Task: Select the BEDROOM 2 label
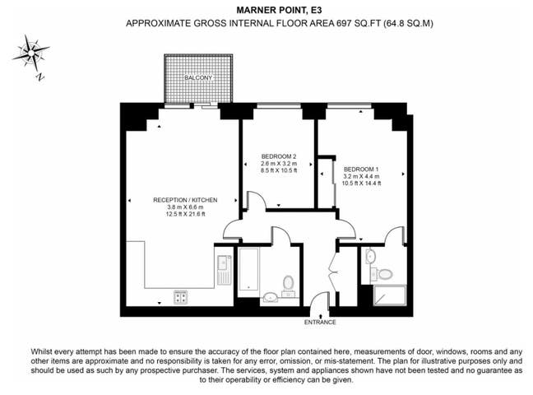pos(278,156)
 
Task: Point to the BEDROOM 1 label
pos(361,166)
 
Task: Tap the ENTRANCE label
pos(321,323)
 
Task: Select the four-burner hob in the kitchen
pos(180,297)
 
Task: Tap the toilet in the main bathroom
pos(289,284)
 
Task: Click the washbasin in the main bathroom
pos(271,295)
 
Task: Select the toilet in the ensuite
pos(387,272)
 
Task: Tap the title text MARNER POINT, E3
pos(267,11)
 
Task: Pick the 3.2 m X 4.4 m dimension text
pos(361,175)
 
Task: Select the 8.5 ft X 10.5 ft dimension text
pos(278,172)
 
